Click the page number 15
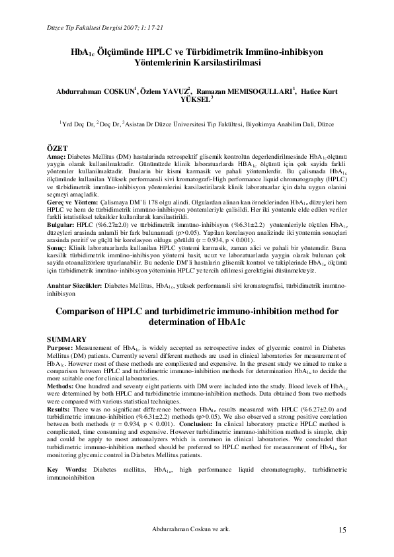tap(341, 530)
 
